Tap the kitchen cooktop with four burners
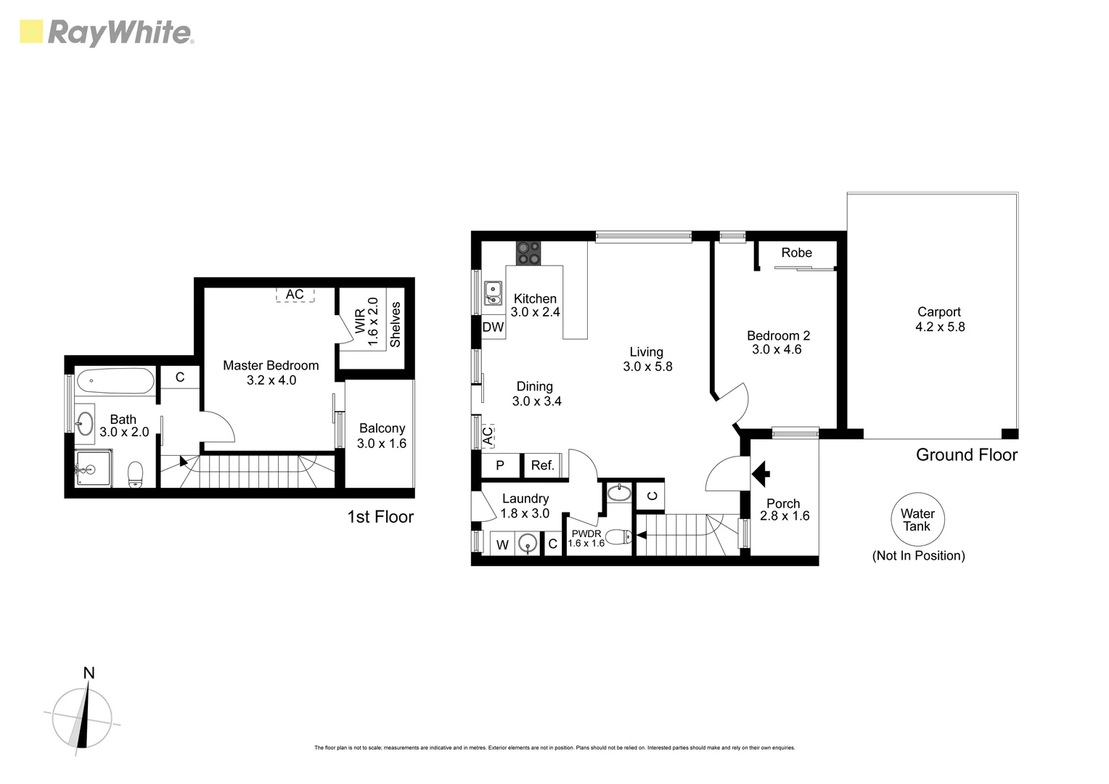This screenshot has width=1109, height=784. point(528,252)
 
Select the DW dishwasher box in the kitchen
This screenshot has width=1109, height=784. point(494,327)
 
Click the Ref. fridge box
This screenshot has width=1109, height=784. point(542,465)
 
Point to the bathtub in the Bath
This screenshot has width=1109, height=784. point(115,382)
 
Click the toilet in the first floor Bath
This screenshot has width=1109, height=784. point(135,474)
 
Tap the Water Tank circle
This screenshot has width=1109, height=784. point(918,520)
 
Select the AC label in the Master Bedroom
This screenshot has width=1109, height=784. point(295,294)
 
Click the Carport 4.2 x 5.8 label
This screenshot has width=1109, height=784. point(939,319)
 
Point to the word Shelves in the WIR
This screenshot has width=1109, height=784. point(396,324)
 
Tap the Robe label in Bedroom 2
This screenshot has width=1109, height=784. point(796,253)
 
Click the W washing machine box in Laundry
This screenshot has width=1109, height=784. point(502,544)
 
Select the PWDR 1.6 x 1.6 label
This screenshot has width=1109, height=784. point(586,538)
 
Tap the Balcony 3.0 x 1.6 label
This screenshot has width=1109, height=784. point(381,436)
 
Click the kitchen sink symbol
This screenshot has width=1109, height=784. point(494,293)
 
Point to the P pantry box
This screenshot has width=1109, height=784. point(500,465)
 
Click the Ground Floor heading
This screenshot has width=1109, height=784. point(966,455)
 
